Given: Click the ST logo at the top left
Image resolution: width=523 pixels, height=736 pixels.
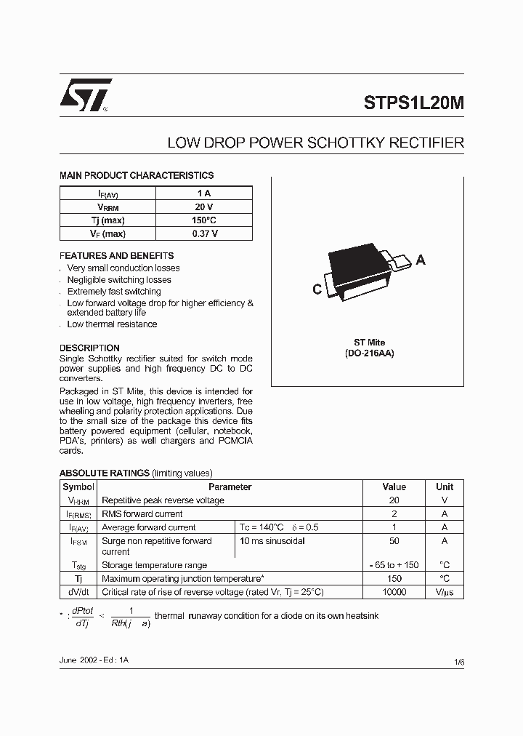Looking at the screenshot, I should [85, 95].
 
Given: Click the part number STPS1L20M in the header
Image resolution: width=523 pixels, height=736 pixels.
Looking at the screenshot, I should [413, 103].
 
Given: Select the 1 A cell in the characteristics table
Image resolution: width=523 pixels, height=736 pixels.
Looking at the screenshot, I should [204, 193].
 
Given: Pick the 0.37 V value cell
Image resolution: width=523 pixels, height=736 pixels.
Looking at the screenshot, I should [204, 233].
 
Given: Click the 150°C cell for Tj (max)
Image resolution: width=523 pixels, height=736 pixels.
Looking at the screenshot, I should [204, 220].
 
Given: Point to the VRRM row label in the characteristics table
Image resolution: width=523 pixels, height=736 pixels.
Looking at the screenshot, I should [108, 207].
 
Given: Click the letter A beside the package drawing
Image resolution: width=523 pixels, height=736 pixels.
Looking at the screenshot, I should [421, 260].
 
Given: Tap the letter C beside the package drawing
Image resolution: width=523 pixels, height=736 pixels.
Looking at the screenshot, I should [317, 289].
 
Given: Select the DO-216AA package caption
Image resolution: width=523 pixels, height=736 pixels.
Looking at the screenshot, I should [369, 353].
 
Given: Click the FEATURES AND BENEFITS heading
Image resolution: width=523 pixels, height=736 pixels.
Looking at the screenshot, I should [116, 256].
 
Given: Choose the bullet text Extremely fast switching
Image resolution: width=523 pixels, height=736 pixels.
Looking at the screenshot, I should [114, 292].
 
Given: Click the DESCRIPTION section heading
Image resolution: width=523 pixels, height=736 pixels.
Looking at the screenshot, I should [89, 348].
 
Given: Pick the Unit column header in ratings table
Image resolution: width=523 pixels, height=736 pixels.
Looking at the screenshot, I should [445, 487].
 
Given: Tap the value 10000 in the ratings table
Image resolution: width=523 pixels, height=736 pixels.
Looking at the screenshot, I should [394, 592].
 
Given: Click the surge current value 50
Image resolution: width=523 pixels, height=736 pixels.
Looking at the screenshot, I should [394, 541].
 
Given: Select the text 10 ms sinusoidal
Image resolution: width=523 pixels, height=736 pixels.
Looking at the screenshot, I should [272, 541].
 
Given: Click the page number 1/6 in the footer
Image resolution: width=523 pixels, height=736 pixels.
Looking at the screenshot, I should [458, 662].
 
